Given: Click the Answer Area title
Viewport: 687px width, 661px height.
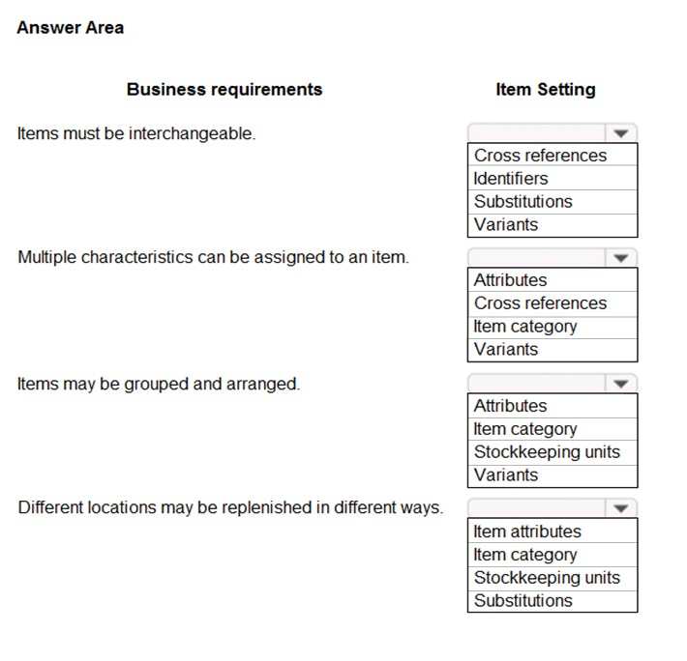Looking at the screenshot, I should (71, 28).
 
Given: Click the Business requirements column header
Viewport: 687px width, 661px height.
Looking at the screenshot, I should (224, 90).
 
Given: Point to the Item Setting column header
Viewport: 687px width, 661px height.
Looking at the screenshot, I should (546, 90).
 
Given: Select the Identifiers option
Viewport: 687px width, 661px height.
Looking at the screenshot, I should (511, 179).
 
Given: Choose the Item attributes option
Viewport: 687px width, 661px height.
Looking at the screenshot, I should (527, 532).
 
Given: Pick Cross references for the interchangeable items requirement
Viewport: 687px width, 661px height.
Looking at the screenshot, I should (540, 156).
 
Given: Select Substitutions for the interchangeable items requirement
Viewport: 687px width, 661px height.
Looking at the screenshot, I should (523, 202).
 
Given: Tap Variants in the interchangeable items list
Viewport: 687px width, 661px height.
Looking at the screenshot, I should (506, 225).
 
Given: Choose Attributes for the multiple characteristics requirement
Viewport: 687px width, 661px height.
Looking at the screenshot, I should (510, 280).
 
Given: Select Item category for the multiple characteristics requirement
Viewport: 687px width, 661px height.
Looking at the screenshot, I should (524, 327).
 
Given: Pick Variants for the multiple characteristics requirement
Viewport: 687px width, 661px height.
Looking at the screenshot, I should (506, 350).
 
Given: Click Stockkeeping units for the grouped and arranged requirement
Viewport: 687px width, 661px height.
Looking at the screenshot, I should (547, 452).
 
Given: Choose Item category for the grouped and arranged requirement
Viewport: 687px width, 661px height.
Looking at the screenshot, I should (524, 429).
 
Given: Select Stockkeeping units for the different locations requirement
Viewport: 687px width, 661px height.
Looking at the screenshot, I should (547, 578).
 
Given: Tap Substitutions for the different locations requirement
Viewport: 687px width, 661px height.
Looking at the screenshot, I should (523, 601).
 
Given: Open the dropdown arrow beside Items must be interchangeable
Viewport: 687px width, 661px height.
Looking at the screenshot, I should (620, 133).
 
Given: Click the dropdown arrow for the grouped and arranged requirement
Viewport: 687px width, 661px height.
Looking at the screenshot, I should (620, 384).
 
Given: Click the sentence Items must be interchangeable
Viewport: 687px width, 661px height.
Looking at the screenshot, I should (136, 133).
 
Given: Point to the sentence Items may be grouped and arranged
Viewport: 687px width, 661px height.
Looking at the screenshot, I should (159, 384).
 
